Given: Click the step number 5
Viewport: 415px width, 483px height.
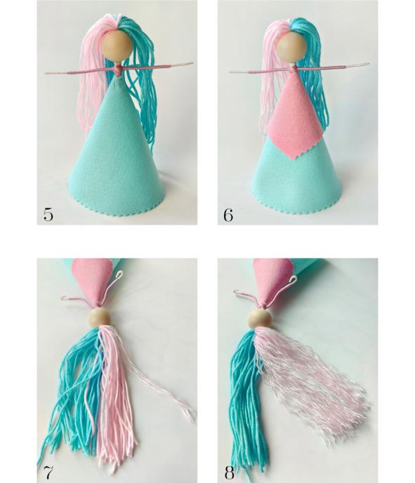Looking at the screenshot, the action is (48, 214).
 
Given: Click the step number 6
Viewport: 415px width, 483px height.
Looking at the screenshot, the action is (228, 215).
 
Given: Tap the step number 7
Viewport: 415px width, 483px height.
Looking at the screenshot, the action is (48, 472).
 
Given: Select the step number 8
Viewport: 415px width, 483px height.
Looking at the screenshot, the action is (229, 472).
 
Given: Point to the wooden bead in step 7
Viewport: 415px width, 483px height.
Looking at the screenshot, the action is (99, 318).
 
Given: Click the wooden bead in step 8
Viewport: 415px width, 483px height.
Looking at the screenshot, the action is (260, 319).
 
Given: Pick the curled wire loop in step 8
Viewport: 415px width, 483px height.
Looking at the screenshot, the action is (293, 279).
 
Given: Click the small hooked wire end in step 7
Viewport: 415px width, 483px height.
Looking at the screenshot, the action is (64, 297).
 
